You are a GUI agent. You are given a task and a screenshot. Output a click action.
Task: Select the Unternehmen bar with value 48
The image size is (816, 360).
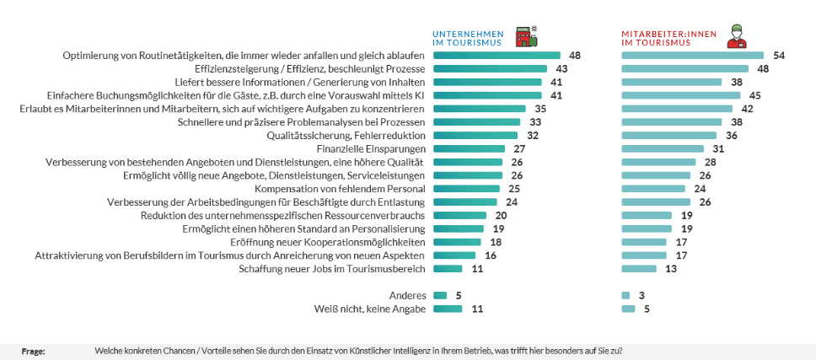click(x=497, y=56)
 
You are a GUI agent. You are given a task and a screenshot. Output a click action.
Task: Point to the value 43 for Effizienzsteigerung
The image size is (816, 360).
click(x=562, y=69)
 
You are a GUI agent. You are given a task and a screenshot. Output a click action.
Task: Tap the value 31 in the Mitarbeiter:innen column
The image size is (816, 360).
click(x=718, y=148)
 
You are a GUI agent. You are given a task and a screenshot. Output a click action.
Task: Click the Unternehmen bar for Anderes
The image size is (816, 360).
click(x=440, y=296)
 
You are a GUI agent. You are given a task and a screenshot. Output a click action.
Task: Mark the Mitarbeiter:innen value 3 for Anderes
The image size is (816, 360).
click(x=642, y=296)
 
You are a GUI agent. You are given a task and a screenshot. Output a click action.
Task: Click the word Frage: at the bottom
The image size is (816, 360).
click(x=34, y=350)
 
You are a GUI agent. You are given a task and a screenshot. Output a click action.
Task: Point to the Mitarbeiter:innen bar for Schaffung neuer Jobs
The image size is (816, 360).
click(x=638, y=269)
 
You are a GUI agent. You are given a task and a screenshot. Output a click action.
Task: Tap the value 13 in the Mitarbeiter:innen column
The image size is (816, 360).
click(x=671, y=269)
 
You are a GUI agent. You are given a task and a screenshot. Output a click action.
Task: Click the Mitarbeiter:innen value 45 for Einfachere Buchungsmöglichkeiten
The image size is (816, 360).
click(x=755, y=95)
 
